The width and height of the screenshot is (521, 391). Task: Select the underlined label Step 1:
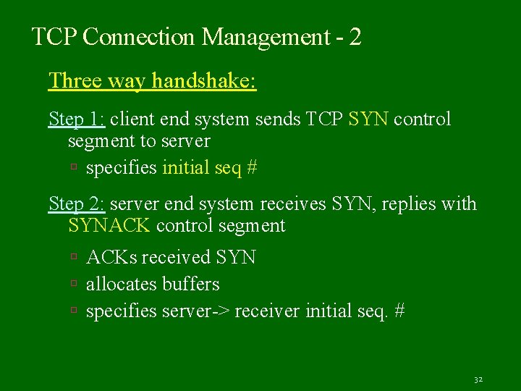(77, 118)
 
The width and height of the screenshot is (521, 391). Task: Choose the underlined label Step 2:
(77, 204)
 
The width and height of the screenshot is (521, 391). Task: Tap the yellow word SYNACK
(109, 226)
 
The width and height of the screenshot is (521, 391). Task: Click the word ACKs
(112, 257)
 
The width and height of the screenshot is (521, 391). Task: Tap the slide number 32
(478, 379)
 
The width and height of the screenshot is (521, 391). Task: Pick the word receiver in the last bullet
(268, 311)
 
